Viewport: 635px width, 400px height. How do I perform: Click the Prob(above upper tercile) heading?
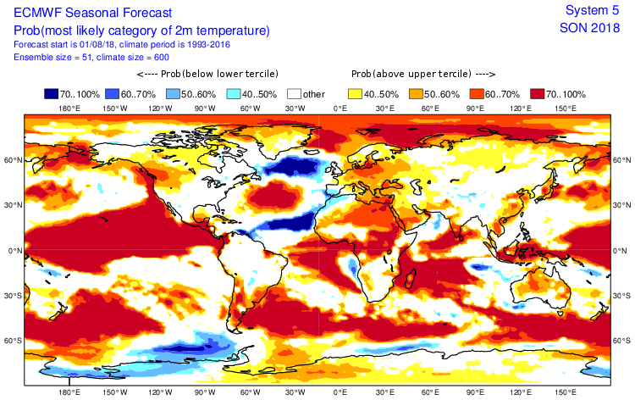422,74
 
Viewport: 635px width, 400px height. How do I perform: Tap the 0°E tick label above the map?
340,108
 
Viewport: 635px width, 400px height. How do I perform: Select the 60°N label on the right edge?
622,159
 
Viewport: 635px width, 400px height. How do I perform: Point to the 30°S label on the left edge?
13,296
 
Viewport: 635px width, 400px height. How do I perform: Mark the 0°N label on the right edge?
622,250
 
